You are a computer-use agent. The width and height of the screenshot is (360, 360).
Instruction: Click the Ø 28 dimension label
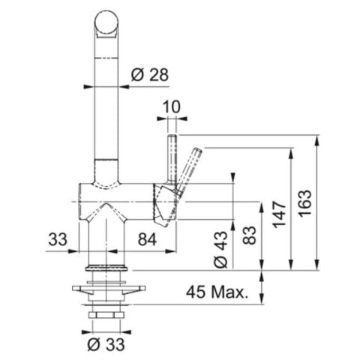[150, 74]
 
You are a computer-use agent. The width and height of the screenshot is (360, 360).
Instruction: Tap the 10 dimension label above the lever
[172, 106]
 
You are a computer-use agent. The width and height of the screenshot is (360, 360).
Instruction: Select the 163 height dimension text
[305, 203]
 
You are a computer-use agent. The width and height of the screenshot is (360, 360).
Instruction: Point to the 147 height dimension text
[279, 214]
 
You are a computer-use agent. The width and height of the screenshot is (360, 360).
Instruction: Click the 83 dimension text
[250, 235]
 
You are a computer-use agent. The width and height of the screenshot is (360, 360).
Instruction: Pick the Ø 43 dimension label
[221, 250]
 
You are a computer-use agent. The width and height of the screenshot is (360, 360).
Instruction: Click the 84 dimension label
[147, 239]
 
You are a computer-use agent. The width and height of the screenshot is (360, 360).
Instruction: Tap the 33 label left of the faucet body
[58, 239]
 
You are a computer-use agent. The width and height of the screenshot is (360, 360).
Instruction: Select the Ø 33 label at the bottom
[106, 345]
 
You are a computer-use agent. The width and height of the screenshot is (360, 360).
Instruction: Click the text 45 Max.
[217, 292]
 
